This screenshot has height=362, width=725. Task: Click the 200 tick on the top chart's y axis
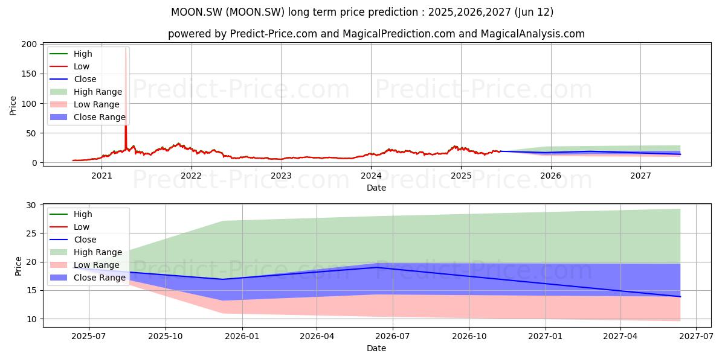[29, 44]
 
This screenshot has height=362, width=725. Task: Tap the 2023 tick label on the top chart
[281, 176]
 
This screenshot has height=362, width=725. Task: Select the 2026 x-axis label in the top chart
[551, 176]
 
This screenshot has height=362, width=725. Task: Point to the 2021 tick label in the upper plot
[101, 176]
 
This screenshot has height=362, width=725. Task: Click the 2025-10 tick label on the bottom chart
[166, 337]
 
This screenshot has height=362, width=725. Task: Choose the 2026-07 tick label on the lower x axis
[393, 337]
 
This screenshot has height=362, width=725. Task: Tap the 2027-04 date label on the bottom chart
[620, 337]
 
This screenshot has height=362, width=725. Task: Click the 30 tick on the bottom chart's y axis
[31, 205]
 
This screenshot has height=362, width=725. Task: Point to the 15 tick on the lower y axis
[31, 291]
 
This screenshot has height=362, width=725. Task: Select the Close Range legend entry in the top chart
[88, 117]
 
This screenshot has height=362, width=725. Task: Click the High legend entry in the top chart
[71, 54]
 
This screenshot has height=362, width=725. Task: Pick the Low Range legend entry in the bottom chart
[85, 265]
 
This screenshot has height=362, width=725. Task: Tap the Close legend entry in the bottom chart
[73, 240]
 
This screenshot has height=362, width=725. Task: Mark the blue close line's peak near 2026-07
[376, 267]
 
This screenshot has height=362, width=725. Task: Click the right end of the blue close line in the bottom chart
[680, 297]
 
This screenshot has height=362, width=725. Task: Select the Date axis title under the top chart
[376, 188]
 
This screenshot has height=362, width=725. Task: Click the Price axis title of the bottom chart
[18, 266]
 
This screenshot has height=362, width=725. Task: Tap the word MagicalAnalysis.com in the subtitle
[533, 34]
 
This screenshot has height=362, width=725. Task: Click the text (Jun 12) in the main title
[533, 12]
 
